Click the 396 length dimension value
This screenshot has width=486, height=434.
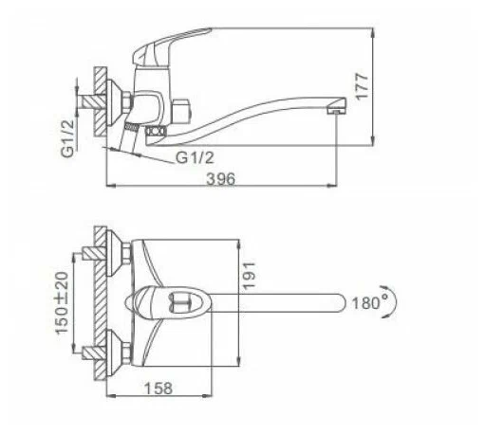(221, 179)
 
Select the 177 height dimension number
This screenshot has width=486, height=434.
(362, 87)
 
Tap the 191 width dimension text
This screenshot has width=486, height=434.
(249, 275)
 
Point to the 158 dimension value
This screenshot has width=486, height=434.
(159, 389)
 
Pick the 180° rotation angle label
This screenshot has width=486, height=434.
(369, 303)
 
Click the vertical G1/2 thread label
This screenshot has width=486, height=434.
(67, 138)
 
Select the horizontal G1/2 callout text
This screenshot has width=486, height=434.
(195, 157)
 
